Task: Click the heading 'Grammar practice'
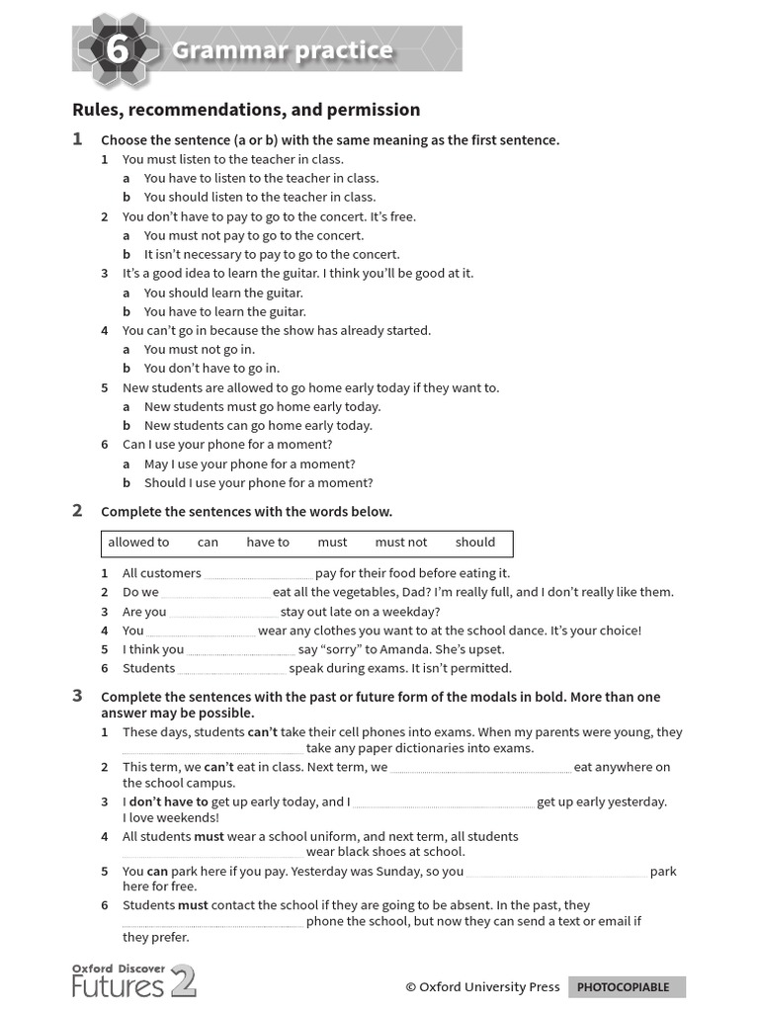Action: (283, 50)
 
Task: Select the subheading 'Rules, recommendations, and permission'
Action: (246, 110)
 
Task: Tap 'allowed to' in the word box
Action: (138, 543)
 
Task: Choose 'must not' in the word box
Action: (401, 543)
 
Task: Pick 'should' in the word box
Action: (475, 543)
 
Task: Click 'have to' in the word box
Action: (268, 543)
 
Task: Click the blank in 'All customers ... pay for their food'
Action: (258, 575)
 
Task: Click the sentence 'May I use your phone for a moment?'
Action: (249, 464)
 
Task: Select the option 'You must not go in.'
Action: (199, 350)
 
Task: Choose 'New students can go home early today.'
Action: (258, 426)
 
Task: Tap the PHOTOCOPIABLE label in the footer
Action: (624, 987)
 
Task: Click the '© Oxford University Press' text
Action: (482, 987)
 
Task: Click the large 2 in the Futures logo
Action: (183, 981)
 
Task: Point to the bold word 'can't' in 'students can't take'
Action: (262, 733)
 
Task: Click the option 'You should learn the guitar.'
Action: (223, 294)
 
